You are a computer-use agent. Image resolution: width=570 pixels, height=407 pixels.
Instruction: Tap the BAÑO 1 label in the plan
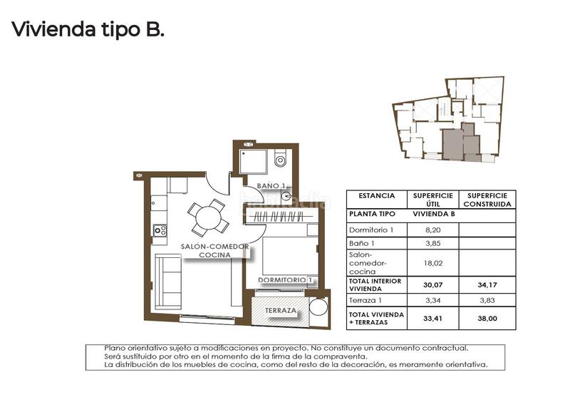click(x=271, y=186)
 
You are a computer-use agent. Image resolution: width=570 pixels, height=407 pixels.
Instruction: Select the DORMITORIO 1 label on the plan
click(x=286, y=280)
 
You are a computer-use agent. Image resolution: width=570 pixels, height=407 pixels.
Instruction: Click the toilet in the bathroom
click(x=280, y=158)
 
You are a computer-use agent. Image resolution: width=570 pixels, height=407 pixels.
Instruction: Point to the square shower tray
click(x=253, y=161)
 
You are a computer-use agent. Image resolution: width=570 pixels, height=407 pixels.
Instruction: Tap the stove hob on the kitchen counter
click(x=160, y=230)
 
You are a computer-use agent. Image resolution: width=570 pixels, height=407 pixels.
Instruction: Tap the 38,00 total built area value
click(x=487, y=318)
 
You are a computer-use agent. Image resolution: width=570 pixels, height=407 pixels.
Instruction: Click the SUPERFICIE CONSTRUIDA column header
click(x=487, y=199)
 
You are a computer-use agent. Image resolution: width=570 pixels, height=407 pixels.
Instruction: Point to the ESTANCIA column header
click(x=376, y=195)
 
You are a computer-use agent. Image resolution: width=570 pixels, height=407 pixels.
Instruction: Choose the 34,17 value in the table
click(x=487, y=286)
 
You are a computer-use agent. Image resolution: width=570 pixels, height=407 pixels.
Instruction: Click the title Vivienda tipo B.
click(x=88, y=31)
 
